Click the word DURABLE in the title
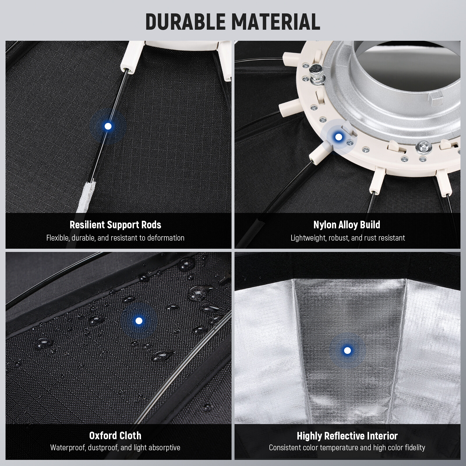pyautogui.click(x=186, y=22)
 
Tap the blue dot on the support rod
pyautogui.click(x=108, y=126)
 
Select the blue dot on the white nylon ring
pyautogui.click(x=338, y=137)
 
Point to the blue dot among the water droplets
pyautogui.click(x=139, y=321)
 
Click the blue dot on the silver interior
pyautogui.click(x=347, y=350)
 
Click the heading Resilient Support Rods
pyautogui.click(x=115, y=225)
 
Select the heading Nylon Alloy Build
pyautogui.click(x=347, y=225)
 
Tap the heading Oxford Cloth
pyautogui.click(x=115, y=436)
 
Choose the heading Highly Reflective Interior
pyautogui.click(x=347, y=436)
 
